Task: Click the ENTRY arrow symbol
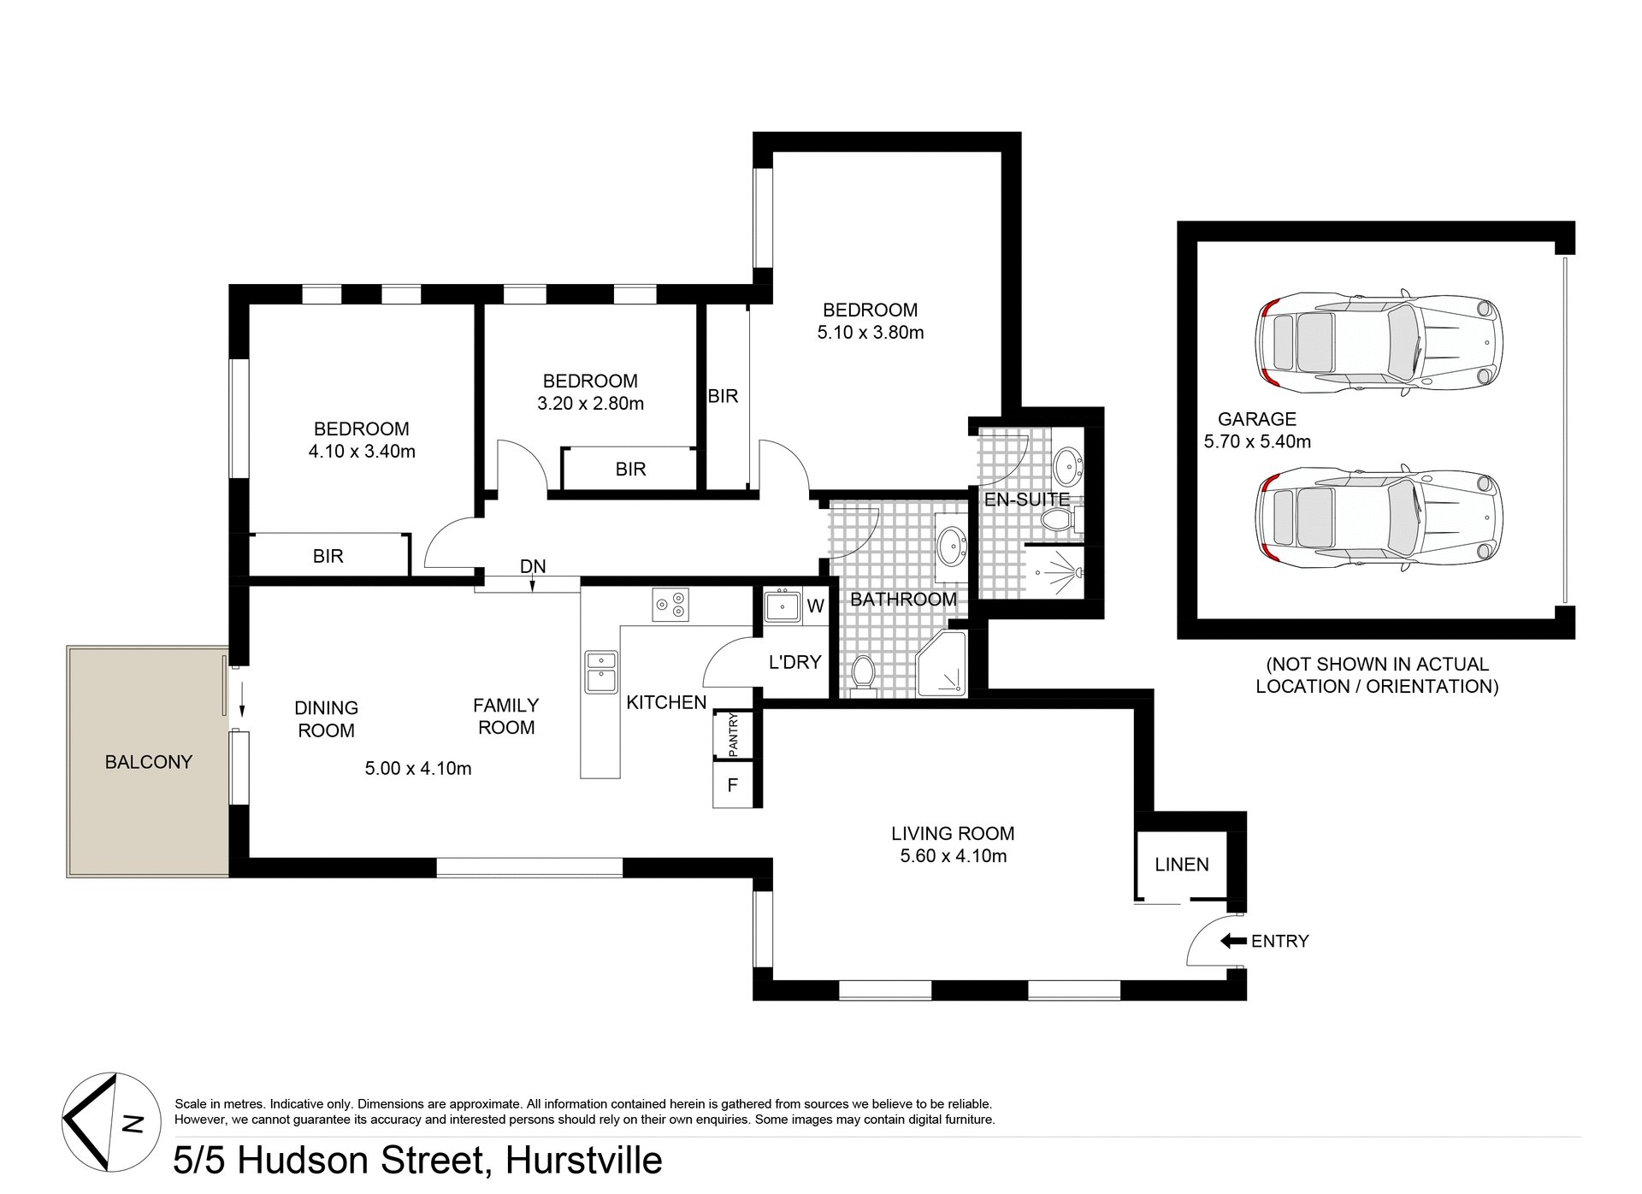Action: click(x=1233, y=941)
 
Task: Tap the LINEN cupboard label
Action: click(x=1181, y=865)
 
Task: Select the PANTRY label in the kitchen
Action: click(x=733, y=735)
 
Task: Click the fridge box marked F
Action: click(x=733, y=784)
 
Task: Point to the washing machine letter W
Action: click(x=815, y=606)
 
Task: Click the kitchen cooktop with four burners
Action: click(x=670, y=605)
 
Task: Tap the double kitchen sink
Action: click(x=601, y=671)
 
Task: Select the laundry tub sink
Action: click(x=783, y=606)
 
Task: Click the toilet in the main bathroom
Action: click(x=863, y=673)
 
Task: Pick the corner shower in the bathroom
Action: click(x=943, y=665)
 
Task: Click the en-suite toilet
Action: click(x=1060, y=518)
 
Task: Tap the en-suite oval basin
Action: click(x=1066, y=467)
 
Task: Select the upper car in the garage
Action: click(x=1379, y=342)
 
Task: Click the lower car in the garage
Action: click(x=1379, y=517)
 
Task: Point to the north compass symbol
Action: click(x=111, y=1122)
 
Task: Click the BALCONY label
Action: click(x=149, y=762)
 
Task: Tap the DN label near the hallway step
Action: click(x=533, y=566)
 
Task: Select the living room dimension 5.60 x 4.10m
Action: click(x=953, y=856)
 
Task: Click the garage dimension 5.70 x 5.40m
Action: click(x=1257, y=441)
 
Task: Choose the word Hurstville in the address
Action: click(x=584, y=1161)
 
